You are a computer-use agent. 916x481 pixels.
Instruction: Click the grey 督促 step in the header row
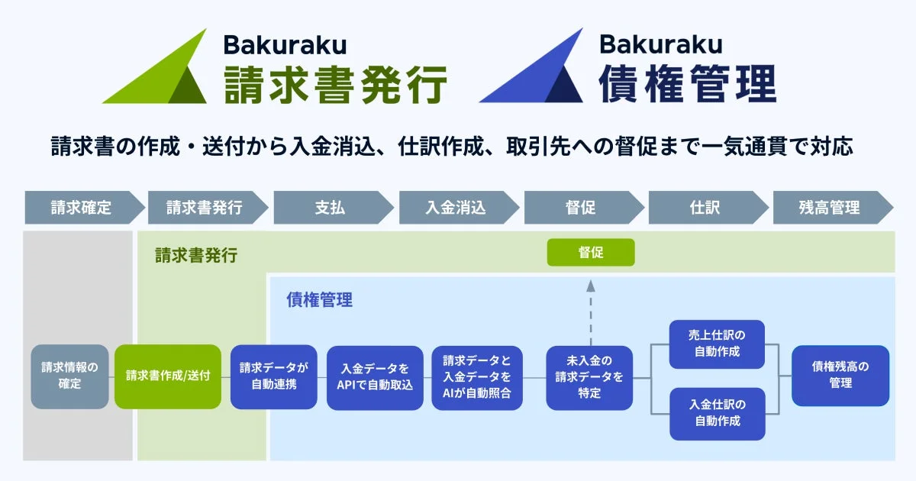click(581, 207)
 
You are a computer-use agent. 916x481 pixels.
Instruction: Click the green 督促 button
click(591, 252)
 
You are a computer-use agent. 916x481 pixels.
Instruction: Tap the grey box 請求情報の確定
click(69, 376)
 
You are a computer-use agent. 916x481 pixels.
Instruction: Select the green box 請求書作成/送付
click(168, 376)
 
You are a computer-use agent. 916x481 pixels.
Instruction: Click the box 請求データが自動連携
click(274, 376)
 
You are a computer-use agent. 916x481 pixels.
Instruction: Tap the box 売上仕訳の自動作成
click(718, 344)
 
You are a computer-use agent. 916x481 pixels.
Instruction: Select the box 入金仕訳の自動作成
click(718, 413)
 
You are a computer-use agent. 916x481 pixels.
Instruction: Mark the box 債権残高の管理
click(840, 376)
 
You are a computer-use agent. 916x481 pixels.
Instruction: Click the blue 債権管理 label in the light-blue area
click(320, 300)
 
